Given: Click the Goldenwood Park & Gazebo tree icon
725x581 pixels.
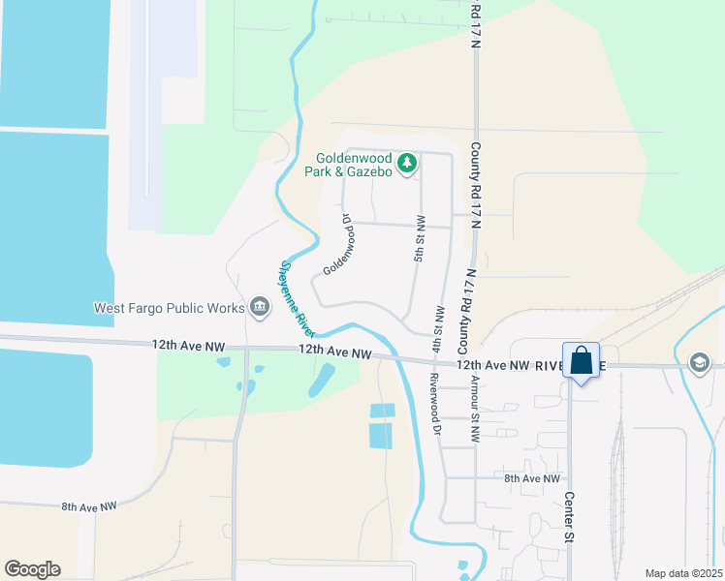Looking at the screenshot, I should pyautogui.click(x=408, y=160).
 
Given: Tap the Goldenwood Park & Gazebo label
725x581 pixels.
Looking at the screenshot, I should pyautogui.click(x=354, y=166).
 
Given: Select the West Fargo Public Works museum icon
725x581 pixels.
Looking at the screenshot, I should pyautogui.click(x=259, y=308).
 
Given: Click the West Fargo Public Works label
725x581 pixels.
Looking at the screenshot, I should pyautogui.click(x=169, y=309).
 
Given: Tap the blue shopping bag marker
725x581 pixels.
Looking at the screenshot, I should pyautogui.click(x=581, y=361).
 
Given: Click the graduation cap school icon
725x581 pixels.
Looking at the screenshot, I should pyautogui.click(x=698, y=362).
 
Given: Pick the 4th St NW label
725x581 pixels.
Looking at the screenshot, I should pyautogui.click(x=438, y=329).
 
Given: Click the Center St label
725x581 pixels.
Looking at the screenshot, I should pyautogui.click(x=570, y=519).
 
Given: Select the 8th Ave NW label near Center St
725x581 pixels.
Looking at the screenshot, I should pyautogui.click(x=532, y=478).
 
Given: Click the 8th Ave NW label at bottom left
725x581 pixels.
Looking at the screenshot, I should pyautogui.click(x=89, y=506).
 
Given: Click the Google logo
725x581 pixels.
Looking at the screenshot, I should pyautogui.click(x=32, y=569).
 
